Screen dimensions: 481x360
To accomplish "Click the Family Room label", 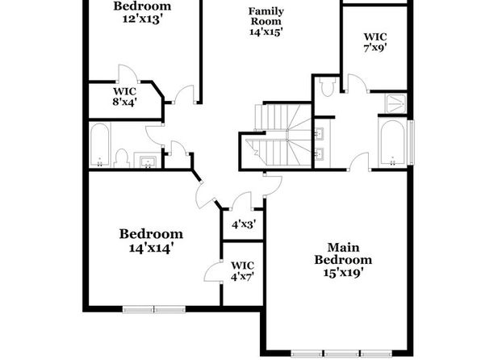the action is (x=266, y=16).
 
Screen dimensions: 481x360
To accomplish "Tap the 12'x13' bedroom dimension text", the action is (x=142, y=19).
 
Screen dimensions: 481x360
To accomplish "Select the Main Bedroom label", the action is (x=343, y=253).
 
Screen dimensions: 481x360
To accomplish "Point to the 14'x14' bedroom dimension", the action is (x=151, y=248).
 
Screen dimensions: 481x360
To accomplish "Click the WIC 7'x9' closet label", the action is (x=375, y=42).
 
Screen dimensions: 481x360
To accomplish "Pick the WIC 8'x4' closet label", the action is (x=124, y=97).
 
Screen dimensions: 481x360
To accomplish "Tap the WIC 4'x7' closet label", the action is (x=242, y=271).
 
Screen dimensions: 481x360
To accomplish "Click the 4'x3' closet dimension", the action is (x=244, y=224).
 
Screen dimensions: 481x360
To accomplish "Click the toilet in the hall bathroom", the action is (x=122, y=158).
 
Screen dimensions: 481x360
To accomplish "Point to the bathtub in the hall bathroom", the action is (x=100, y=144).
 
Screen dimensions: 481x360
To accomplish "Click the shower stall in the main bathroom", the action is (x=396, y=103).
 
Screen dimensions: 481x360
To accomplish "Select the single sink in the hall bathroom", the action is (x=148, y=161).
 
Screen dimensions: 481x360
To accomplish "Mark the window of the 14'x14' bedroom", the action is (x=154, y=309).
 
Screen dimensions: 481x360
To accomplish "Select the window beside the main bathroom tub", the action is (x=411, y=142).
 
